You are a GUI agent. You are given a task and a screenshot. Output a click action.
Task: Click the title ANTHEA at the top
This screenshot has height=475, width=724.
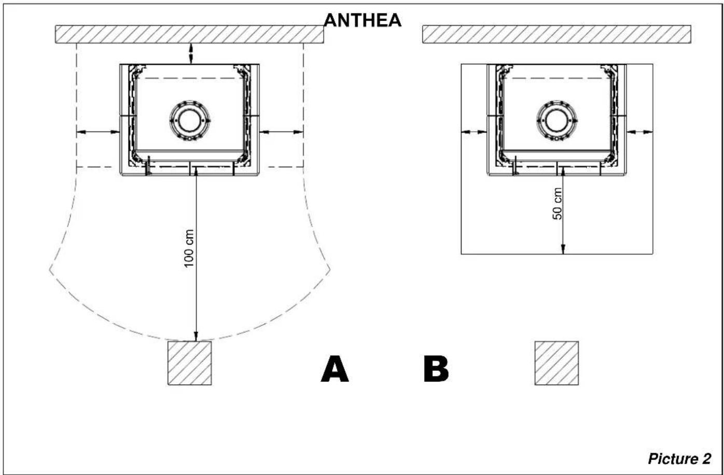tap(363, 20)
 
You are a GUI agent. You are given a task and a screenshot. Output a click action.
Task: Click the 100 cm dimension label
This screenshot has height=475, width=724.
tap(189, 248)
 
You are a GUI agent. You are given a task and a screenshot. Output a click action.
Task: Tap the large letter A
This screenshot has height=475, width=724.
tap(335, 369)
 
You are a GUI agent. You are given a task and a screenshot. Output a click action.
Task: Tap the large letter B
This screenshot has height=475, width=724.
tap(436, 369)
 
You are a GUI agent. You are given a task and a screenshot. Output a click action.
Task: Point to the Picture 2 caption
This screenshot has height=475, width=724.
tap(679, 458)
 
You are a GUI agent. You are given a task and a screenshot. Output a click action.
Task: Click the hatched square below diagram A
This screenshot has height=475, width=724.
tap(189, 363)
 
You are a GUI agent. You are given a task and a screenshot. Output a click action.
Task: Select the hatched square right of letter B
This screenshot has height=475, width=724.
tap(556, 363)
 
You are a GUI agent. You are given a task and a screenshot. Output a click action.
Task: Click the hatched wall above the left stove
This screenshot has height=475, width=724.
tap(189, 34)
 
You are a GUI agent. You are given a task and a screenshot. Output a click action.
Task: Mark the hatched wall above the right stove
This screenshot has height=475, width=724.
tap(556, 34)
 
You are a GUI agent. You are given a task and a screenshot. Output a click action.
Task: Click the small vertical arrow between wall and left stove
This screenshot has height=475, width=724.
tap(191, 53)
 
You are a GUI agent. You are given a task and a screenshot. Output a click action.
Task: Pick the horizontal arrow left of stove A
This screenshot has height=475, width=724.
tap(98, 132)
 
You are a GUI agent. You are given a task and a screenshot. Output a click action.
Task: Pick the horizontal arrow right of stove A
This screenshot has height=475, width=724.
tap(281, 132)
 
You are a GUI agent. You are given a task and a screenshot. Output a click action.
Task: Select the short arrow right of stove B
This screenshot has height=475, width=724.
tap(639, 132)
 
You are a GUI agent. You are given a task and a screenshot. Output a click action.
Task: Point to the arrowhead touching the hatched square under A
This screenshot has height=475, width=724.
tap(196, 337)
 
